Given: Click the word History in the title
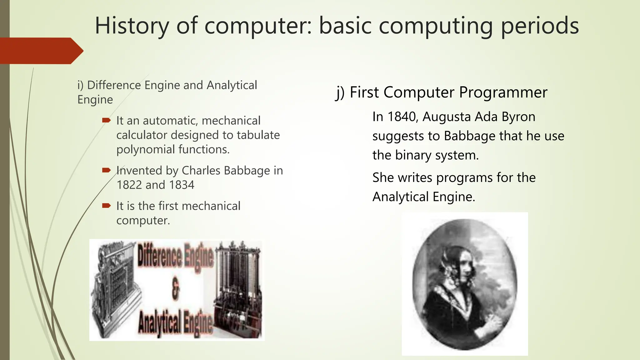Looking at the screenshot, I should [x=131, y=26].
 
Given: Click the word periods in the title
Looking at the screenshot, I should [x=540, y=26].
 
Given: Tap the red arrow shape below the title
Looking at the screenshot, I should [x=41, y=51].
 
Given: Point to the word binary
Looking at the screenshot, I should [x=413, y=155].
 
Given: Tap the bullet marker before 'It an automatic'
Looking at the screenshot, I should [x=106, y=120].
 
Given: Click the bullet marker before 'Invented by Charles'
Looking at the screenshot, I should [x=106, y=170].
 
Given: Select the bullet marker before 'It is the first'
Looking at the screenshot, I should [x=106, y=206].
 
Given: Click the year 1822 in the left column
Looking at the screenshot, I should [x=129, y=185].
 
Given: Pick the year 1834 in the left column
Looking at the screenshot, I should [x=182, y=185].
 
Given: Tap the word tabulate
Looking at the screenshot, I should [x=258, y=135].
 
